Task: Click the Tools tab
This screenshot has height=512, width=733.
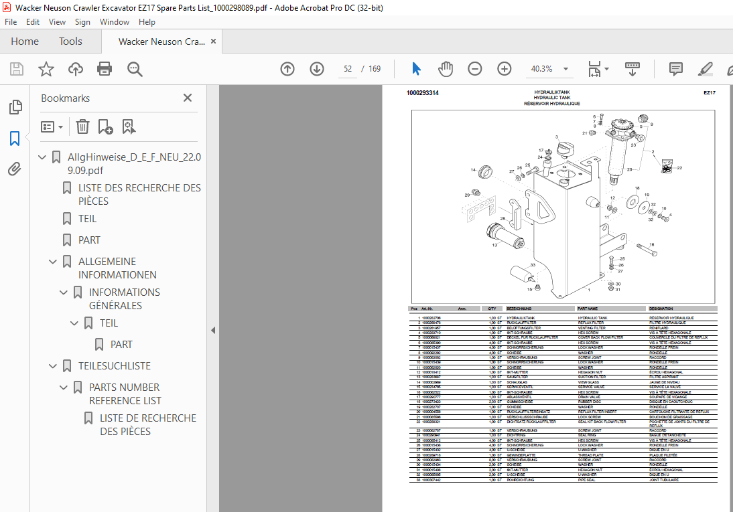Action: click(70, 41)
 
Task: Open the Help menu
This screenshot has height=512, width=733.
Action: click(147, 22)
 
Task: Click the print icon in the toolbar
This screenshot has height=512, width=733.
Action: click(105, 69)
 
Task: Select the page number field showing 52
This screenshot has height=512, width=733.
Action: click(348, 69)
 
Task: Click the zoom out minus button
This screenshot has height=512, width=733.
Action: click(475, 69)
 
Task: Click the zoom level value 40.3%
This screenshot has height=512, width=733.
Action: click(541, 69)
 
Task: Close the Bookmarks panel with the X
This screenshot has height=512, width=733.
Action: click(188, 98)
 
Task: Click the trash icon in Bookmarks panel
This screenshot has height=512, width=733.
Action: click(82, 126)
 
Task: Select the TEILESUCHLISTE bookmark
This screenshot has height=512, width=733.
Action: click(115, 366)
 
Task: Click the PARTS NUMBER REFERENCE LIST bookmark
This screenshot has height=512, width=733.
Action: click(125, 394)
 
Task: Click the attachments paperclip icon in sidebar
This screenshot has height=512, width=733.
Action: click(15, 169)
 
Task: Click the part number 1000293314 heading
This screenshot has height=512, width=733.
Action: click(423, 93)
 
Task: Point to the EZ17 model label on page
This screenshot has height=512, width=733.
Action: click(709, 93)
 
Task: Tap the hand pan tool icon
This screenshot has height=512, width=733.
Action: click(446, 69)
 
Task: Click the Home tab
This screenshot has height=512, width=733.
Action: click(25, 41)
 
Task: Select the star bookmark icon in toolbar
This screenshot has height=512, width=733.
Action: click(46, 69)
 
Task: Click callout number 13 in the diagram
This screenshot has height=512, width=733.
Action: click(495, 246)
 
